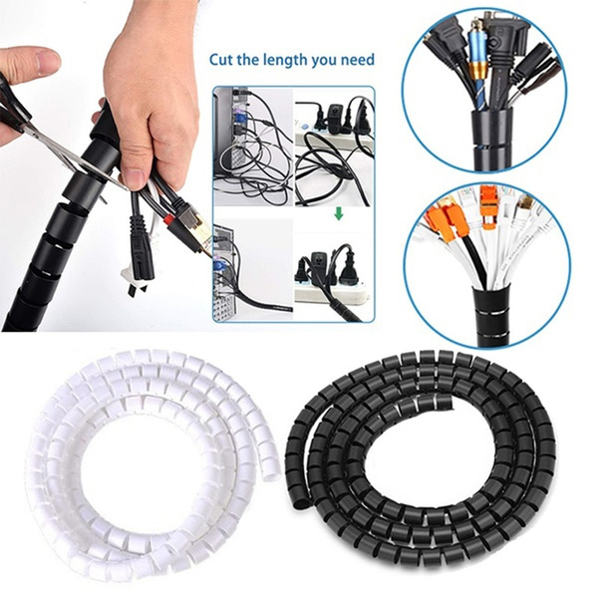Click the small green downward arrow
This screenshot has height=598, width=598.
(338, 212)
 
